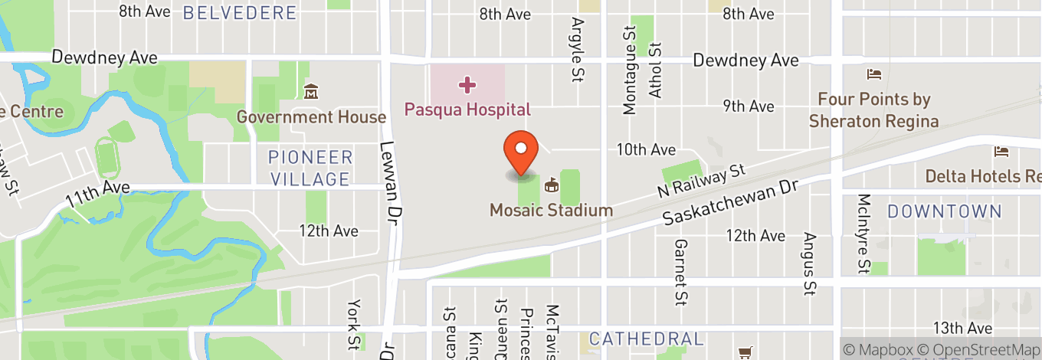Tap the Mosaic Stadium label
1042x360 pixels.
point(551,210)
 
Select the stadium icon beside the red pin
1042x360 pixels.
point(551,185)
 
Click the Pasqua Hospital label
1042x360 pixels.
point(467,110)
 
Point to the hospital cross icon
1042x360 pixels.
point(467,83)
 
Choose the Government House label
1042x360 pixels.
point(311,117)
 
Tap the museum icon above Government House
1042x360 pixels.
point(311,93)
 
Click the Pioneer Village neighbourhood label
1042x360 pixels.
point(310,169)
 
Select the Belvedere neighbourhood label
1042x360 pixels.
point(240,12)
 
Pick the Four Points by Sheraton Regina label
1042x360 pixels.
point(873,110)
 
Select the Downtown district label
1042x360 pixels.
point(944,211)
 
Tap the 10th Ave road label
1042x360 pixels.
point(647,149)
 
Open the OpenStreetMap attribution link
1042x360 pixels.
point(988,349)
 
